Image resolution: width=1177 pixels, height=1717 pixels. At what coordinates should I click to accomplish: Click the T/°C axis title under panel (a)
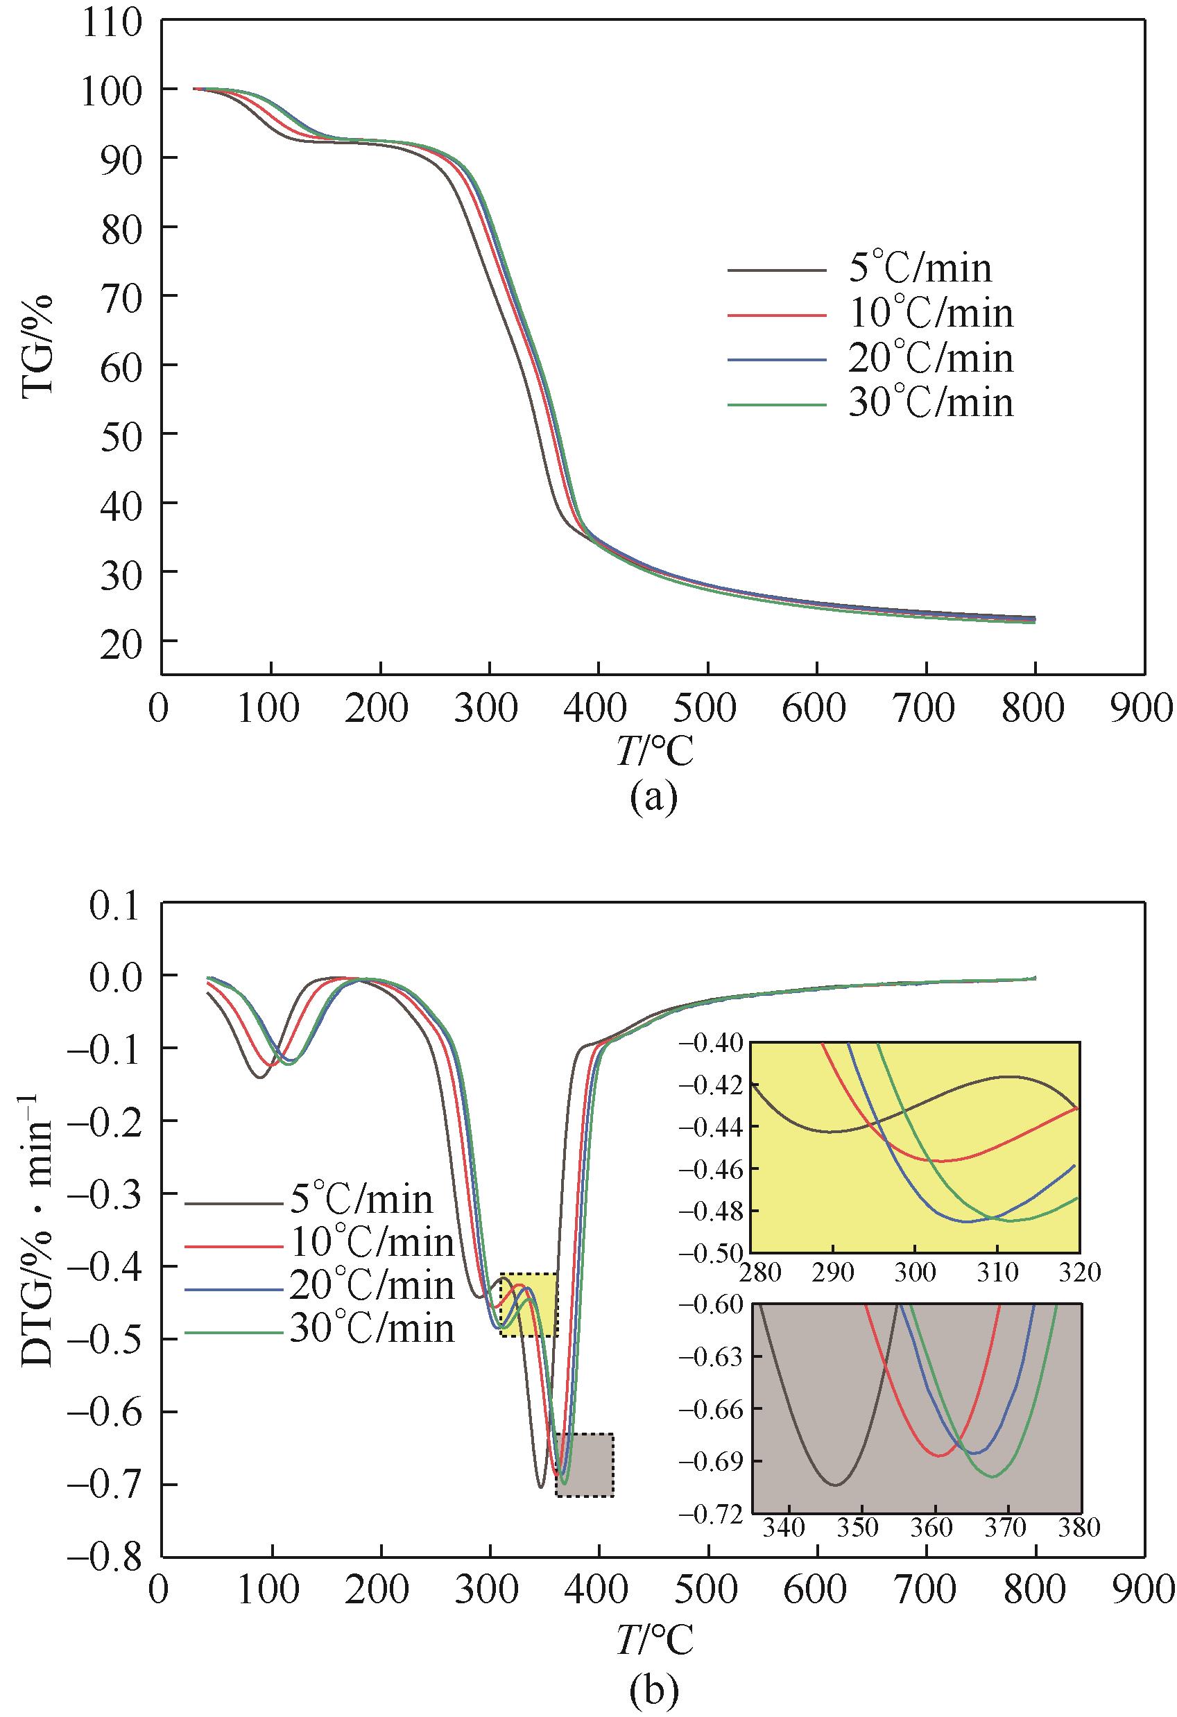click(653, 752)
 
